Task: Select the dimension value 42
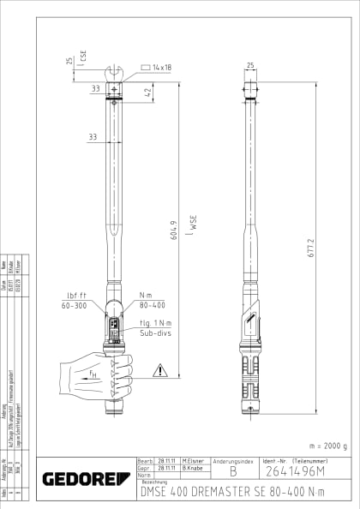click(147, 91)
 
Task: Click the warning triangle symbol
click(159, 371)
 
